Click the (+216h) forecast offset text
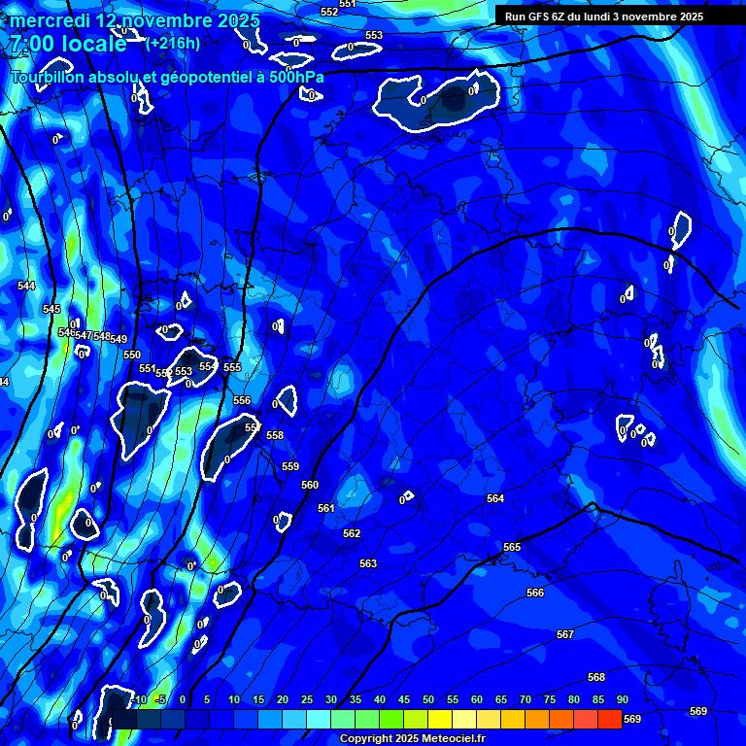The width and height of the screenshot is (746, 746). pyautogui.click(x=173, y=43)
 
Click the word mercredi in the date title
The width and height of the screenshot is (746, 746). pyautogui.click(x=51, y=20)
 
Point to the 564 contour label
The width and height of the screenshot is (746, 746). pyautogui.click(x=495, y=498)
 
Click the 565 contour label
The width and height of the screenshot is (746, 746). pyautogui.click(x=512, y=548)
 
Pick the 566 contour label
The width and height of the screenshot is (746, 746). pyautogui.click(x=535, y=593)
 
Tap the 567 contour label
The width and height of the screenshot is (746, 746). pyautogui.click(x=565, y=634)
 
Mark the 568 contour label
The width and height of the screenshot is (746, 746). pyautogui.click(x=596, y=677)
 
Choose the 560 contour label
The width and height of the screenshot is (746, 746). pyautogui.click(x=310, y=485)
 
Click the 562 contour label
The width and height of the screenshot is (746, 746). pyautogui.click(x=352, y=533)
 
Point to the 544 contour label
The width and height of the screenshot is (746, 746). pyautogui.click(x=26, y=286)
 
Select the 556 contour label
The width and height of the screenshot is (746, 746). pyautogui.click(x=242, y=400)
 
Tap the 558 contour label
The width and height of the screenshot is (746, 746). pyautogui.click(x=275, y=436)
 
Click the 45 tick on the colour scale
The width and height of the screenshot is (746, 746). pyautogui.click(x=404, y=700)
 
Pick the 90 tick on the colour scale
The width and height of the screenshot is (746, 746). pyautogui.click(x=623, y=700)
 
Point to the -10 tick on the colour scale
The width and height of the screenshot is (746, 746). pyautogui.click(x=138, y=700)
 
